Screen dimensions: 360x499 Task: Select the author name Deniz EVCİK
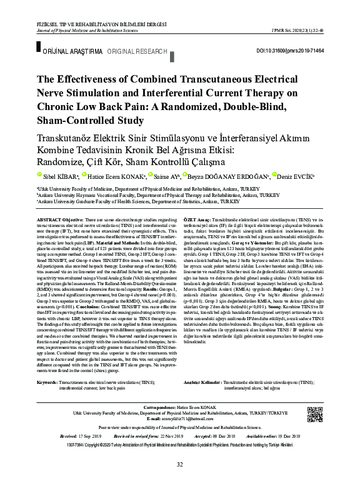click(x=299, y=177)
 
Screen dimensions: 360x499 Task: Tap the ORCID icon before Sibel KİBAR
click(x=38, y=175)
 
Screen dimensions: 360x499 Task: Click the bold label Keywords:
click(x=48, y=381)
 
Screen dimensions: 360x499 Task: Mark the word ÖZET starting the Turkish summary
click(x=192, y=221)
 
